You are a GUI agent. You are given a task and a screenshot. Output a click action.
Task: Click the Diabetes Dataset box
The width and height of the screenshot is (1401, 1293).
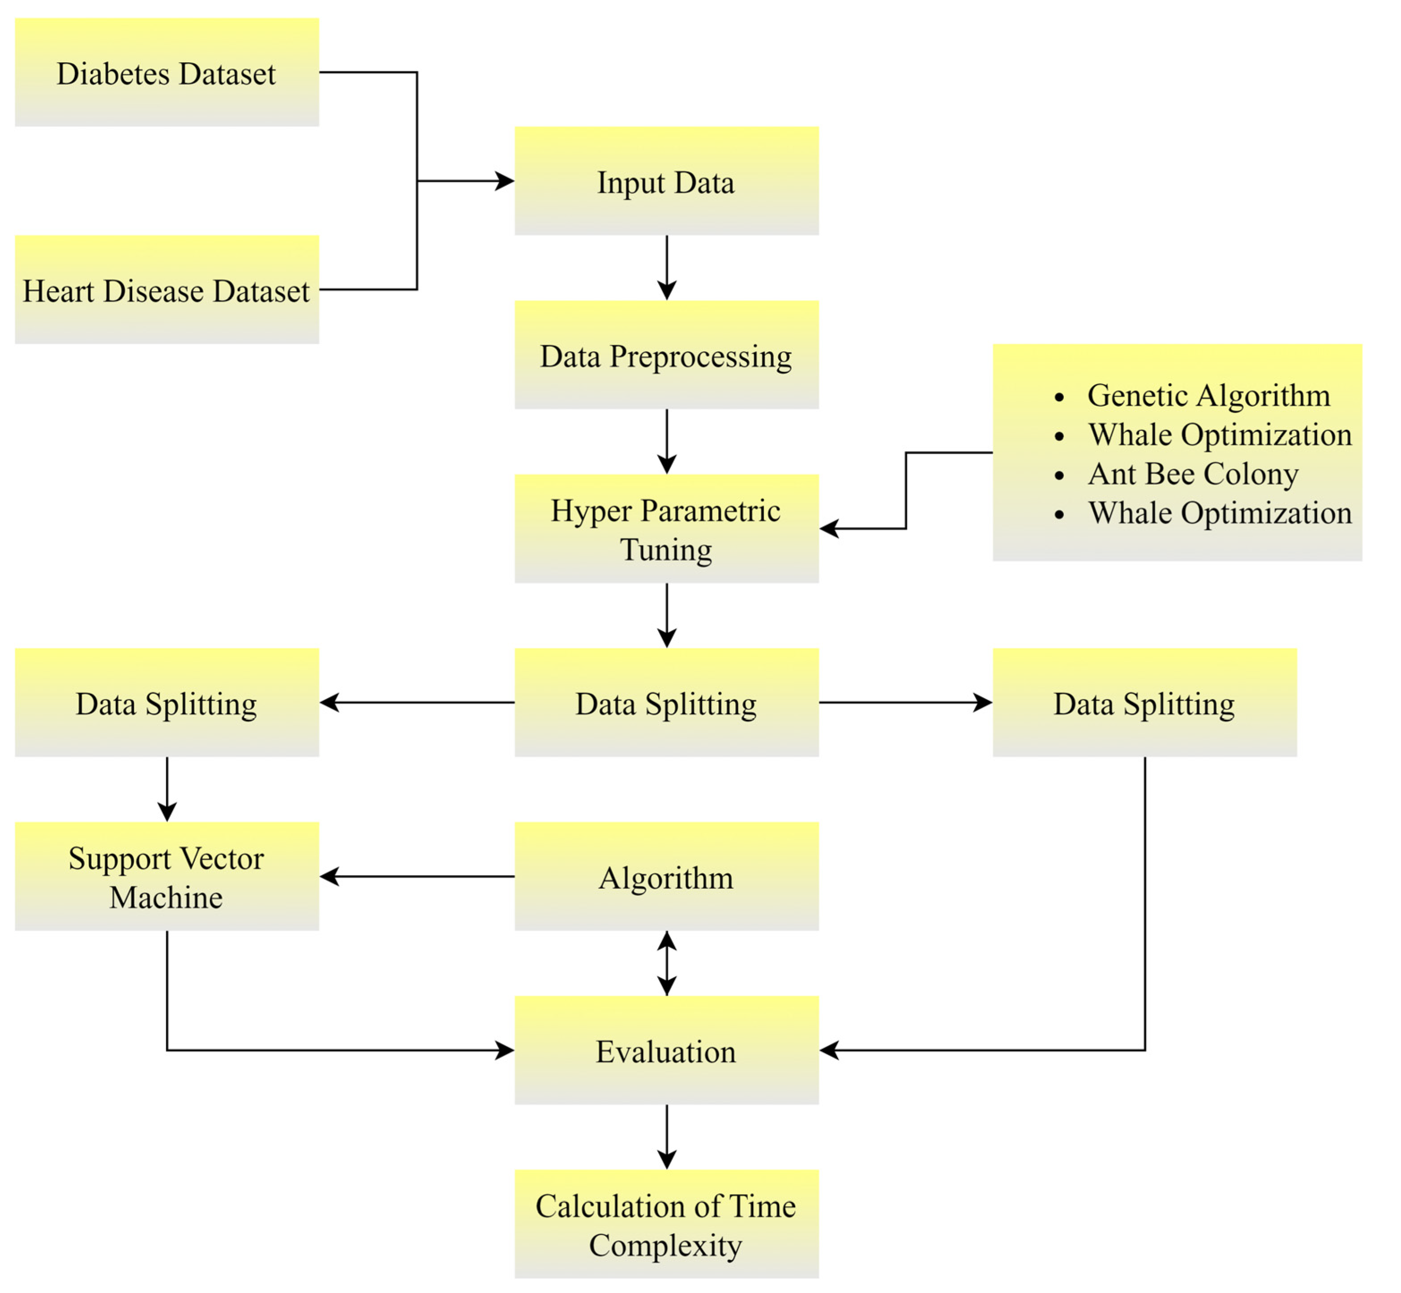pyautogui.click(x=167, y=72)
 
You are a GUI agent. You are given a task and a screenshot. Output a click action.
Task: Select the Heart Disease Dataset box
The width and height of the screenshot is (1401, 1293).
pyautogui.click(x=167, y=290)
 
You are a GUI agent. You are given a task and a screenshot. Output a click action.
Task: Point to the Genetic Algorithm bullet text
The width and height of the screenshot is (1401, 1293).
pyautogui.click(x=1208, y=395)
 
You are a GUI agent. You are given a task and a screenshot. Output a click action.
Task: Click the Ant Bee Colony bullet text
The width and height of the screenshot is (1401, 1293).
pyautogui.click(x=1192, y=474)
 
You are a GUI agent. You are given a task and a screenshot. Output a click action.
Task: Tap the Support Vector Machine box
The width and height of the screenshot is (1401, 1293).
pyautogui.click(x=167, y=876)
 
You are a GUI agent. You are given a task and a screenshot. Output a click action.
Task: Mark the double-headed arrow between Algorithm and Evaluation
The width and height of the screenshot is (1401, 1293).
pyautogui.click(x=667, y=963)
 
